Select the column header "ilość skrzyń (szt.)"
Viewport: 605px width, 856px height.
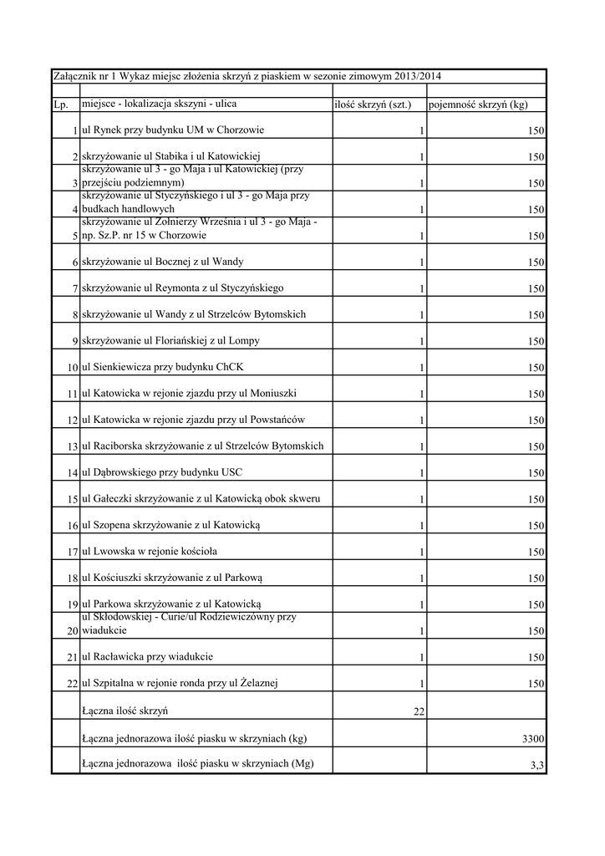373,104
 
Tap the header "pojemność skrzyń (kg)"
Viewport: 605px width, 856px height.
477,104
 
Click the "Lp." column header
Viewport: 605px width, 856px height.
60,104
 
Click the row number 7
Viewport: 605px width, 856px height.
75,289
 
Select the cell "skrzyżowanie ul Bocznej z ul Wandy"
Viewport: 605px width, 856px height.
163,262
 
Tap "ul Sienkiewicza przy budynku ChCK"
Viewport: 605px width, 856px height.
163,367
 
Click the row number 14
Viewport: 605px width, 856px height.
73,473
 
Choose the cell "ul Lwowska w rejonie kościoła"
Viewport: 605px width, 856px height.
155,552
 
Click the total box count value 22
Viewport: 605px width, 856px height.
419,711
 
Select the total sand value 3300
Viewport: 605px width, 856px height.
533,739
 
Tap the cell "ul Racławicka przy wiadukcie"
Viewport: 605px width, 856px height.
153,657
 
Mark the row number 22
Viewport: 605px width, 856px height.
73,685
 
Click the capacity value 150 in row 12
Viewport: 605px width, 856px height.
536,420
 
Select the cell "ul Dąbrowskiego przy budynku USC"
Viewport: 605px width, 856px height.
162,472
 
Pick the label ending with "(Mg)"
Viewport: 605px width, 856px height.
197,762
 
